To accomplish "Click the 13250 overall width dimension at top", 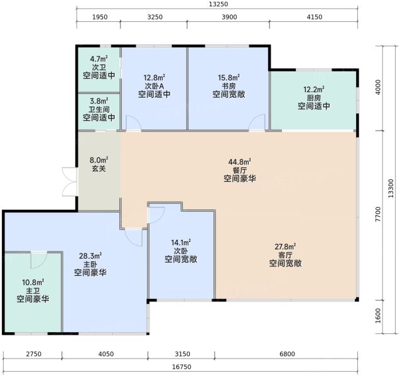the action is click(x=218, y=4).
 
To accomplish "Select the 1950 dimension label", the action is click(x=100, y=17).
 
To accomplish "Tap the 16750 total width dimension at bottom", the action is click(x=181, y=367).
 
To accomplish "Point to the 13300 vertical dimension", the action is click(x=391, y=189).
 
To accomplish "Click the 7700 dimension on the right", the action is click(x=378, y=214).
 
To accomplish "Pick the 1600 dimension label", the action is click(x=378, y=316).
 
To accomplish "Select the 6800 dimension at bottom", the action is click(x=287, y=354).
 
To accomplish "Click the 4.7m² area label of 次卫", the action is click(x=99, y=59).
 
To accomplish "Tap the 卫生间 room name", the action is click(x=99, y=110).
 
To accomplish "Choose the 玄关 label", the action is click(x=99, y=169).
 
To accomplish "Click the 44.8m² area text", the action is click(x=239, y=162).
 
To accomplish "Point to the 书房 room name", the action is click(x=229, y=86).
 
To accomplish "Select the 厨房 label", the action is click(x=314, y=98).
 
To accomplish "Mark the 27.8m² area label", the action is click(x=285, y=246).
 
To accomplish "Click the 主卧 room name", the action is click(x=90, y=264).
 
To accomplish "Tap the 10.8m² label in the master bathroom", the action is click(x=33, y=283).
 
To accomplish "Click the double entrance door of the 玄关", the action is click(x=70, y=182).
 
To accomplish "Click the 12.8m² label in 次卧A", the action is click(x=154, y=77).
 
